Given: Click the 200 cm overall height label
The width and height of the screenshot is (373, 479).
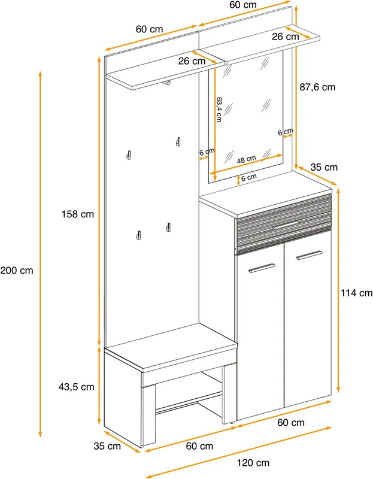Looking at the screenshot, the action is point(17,271).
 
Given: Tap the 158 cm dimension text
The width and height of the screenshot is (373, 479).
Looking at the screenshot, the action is point(78,214).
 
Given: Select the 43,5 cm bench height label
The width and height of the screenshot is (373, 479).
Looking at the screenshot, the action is point(77,387).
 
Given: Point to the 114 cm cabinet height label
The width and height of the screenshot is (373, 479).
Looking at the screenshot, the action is point(356,293).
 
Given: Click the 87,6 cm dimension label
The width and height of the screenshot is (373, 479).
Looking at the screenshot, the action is point(317,87).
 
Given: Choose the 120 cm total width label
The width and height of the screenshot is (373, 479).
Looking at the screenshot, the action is point(253,463).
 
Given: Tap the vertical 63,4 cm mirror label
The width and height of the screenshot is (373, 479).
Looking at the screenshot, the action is point(219,110).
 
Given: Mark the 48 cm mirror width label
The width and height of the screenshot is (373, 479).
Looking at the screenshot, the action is point(247,159).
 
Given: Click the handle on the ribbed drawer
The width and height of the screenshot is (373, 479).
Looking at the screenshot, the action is point(286,225).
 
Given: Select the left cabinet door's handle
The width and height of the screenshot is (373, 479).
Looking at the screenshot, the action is point(262,268).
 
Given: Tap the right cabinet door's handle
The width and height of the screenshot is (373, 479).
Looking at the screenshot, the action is point(309,256).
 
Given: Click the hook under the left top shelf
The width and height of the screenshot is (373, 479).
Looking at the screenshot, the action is point(167,83).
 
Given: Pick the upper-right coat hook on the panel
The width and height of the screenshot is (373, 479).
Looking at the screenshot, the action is point(178,141).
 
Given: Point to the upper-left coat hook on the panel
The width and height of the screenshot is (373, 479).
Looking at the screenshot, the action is point(129,154).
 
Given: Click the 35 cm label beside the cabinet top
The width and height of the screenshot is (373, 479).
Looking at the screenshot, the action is point(324,167).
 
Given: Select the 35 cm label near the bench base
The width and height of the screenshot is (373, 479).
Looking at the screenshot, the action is point(107,446).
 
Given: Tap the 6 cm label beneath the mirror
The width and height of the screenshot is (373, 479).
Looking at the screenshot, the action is point(248,177).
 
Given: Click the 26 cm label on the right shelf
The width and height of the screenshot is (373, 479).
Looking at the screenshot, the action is point(286,37).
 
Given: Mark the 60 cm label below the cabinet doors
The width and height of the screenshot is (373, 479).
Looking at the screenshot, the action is point(291,423).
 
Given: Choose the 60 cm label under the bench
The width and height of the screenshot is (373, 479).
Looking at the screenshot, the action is point(199,446).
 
